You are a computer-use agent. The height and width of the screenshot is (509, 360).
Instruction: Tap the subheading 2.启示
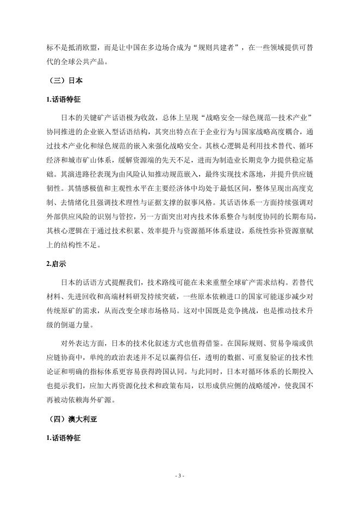(x=57, y=264)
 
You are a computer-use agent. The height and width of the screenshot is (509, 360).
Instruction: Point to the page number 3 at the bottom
(x=180, y=476)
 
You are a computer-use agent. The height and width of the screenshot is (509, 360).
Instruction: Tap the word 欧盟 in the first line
(x=95, y=47)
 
